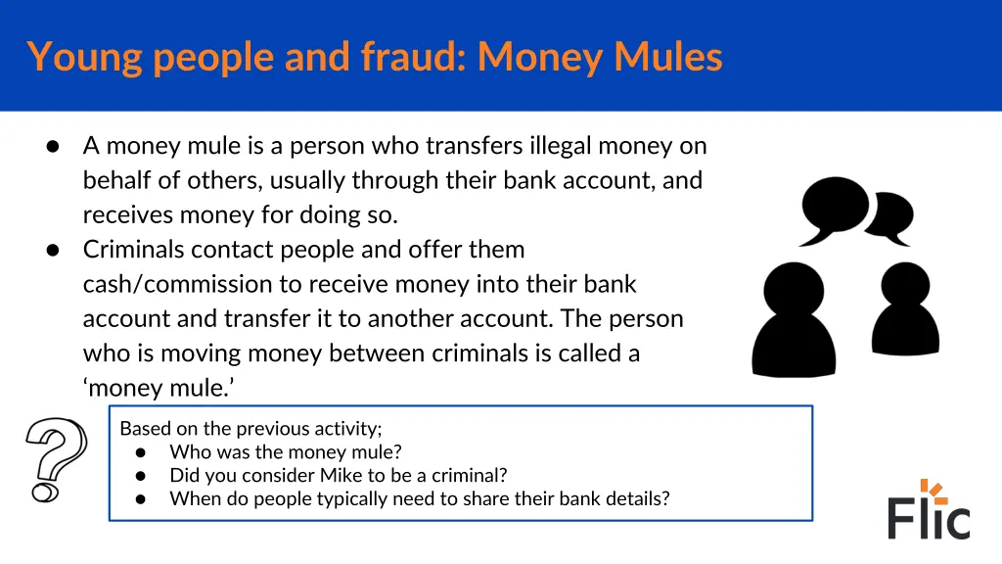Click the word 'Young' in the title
click(85, 57)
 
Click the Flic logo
click(929, 510)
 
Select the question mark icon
click(56, 458)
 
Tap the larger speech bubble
click(833, 209)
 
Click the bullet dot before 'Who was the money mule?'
click(141, 452)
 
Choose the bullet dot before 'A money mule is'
click(54, 147)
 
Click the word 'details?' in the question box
click(636, 498)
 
